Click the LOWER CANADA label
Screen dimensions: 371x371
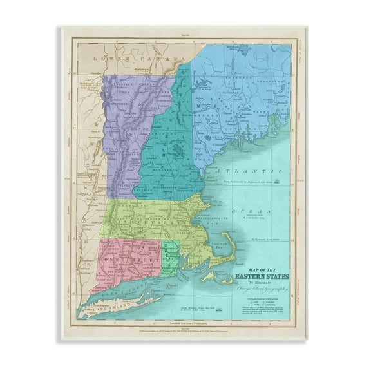click(126, 58)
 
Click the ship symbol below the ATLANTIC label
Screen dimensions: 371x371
click(275, 182)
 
